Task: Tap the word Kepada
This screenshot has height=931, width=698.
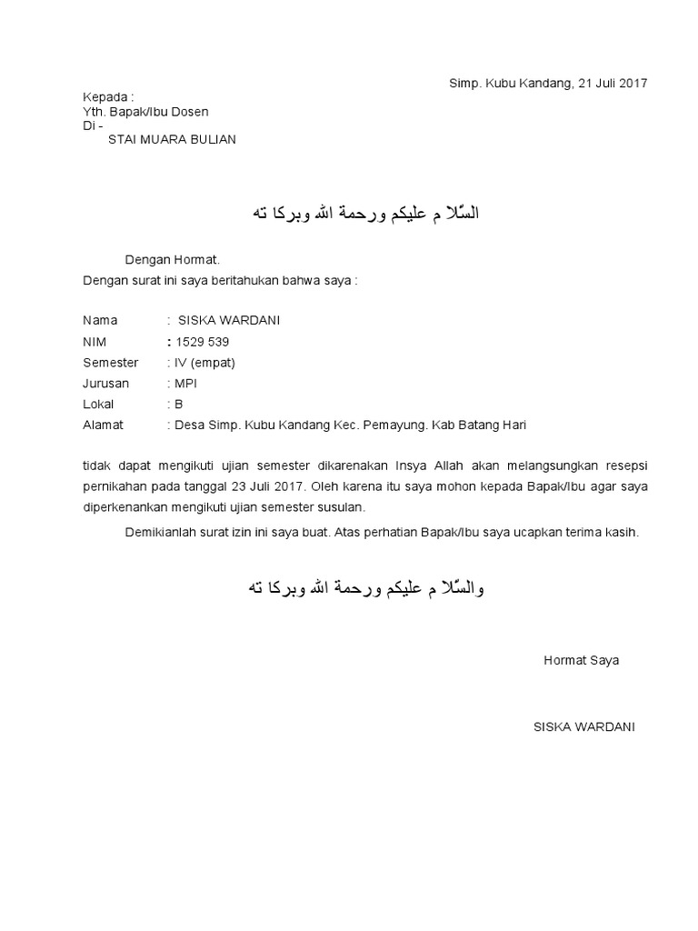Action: pyautogui.click(x=106, y=97)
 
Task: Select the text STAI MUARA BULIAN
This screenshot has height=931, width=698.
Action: pyautogui.click(x=172, y=139)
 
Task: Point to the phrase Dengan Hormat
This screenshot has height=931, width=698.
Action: pyautogui.click(x=172, y=260)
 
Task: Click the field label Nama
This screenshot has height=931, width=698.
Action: pyautogui.click(x=100, y=321)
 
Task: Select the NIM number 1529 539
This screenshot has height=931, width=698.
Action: pyautogui.click(x=202, y=342)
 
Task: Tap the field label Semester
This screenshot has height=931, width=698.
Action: pyautogui.click(x=110, y=363)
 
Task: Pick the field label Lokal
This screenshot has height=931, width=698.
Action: pyautogui.click(x=98, y=405)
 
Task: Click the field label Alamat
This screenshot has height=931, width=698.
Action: pyautogui.click(x=102, y=425)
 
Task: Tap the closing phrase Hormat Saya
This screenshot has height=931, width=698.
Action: pyautogui.click(x=581, y=660)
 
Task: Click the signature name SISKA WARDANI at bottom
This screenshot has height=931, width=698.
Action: pyautogui.click(x=584, y=726)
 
